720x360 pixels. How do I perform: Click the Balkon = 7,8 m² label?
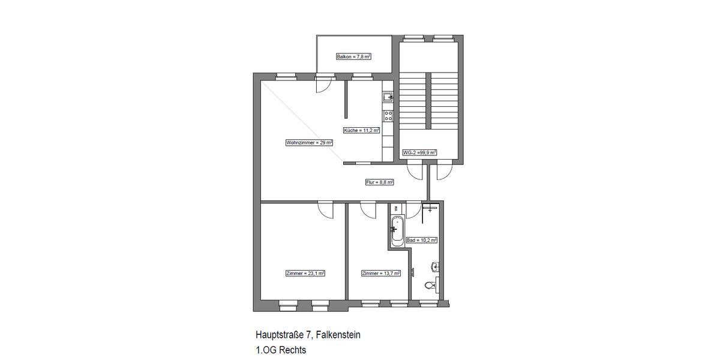[353, 56]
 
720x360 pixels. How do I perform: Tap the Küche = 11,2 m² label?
[362, 130]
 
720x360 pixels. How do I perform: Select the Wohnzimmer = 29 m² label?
[309, 142]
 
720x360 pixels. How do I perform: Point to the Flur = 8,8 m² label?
[380, 182]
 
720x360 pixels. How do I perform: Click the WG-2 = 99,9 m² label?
[419, 152]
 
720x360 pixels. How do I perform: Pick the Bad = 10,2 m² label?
[421, 240]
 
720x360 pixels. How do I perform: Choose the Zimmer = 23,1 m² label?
[305, 273]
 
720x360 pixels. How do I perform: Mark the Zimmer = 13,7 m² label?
[381, 273]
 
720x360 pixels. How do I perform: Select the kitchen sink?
[388, 97]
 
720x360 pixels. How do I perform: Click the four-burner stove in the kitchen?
[388, 116]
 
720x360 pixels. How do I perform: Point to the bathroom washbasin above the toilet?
[434, 267]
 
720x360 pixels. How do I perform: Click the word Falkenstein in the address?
[338, 335]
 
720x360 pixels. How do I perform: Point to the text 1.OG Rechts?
[281, 350]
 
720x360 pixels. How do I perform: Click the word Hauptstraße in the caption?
[280, 335]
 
